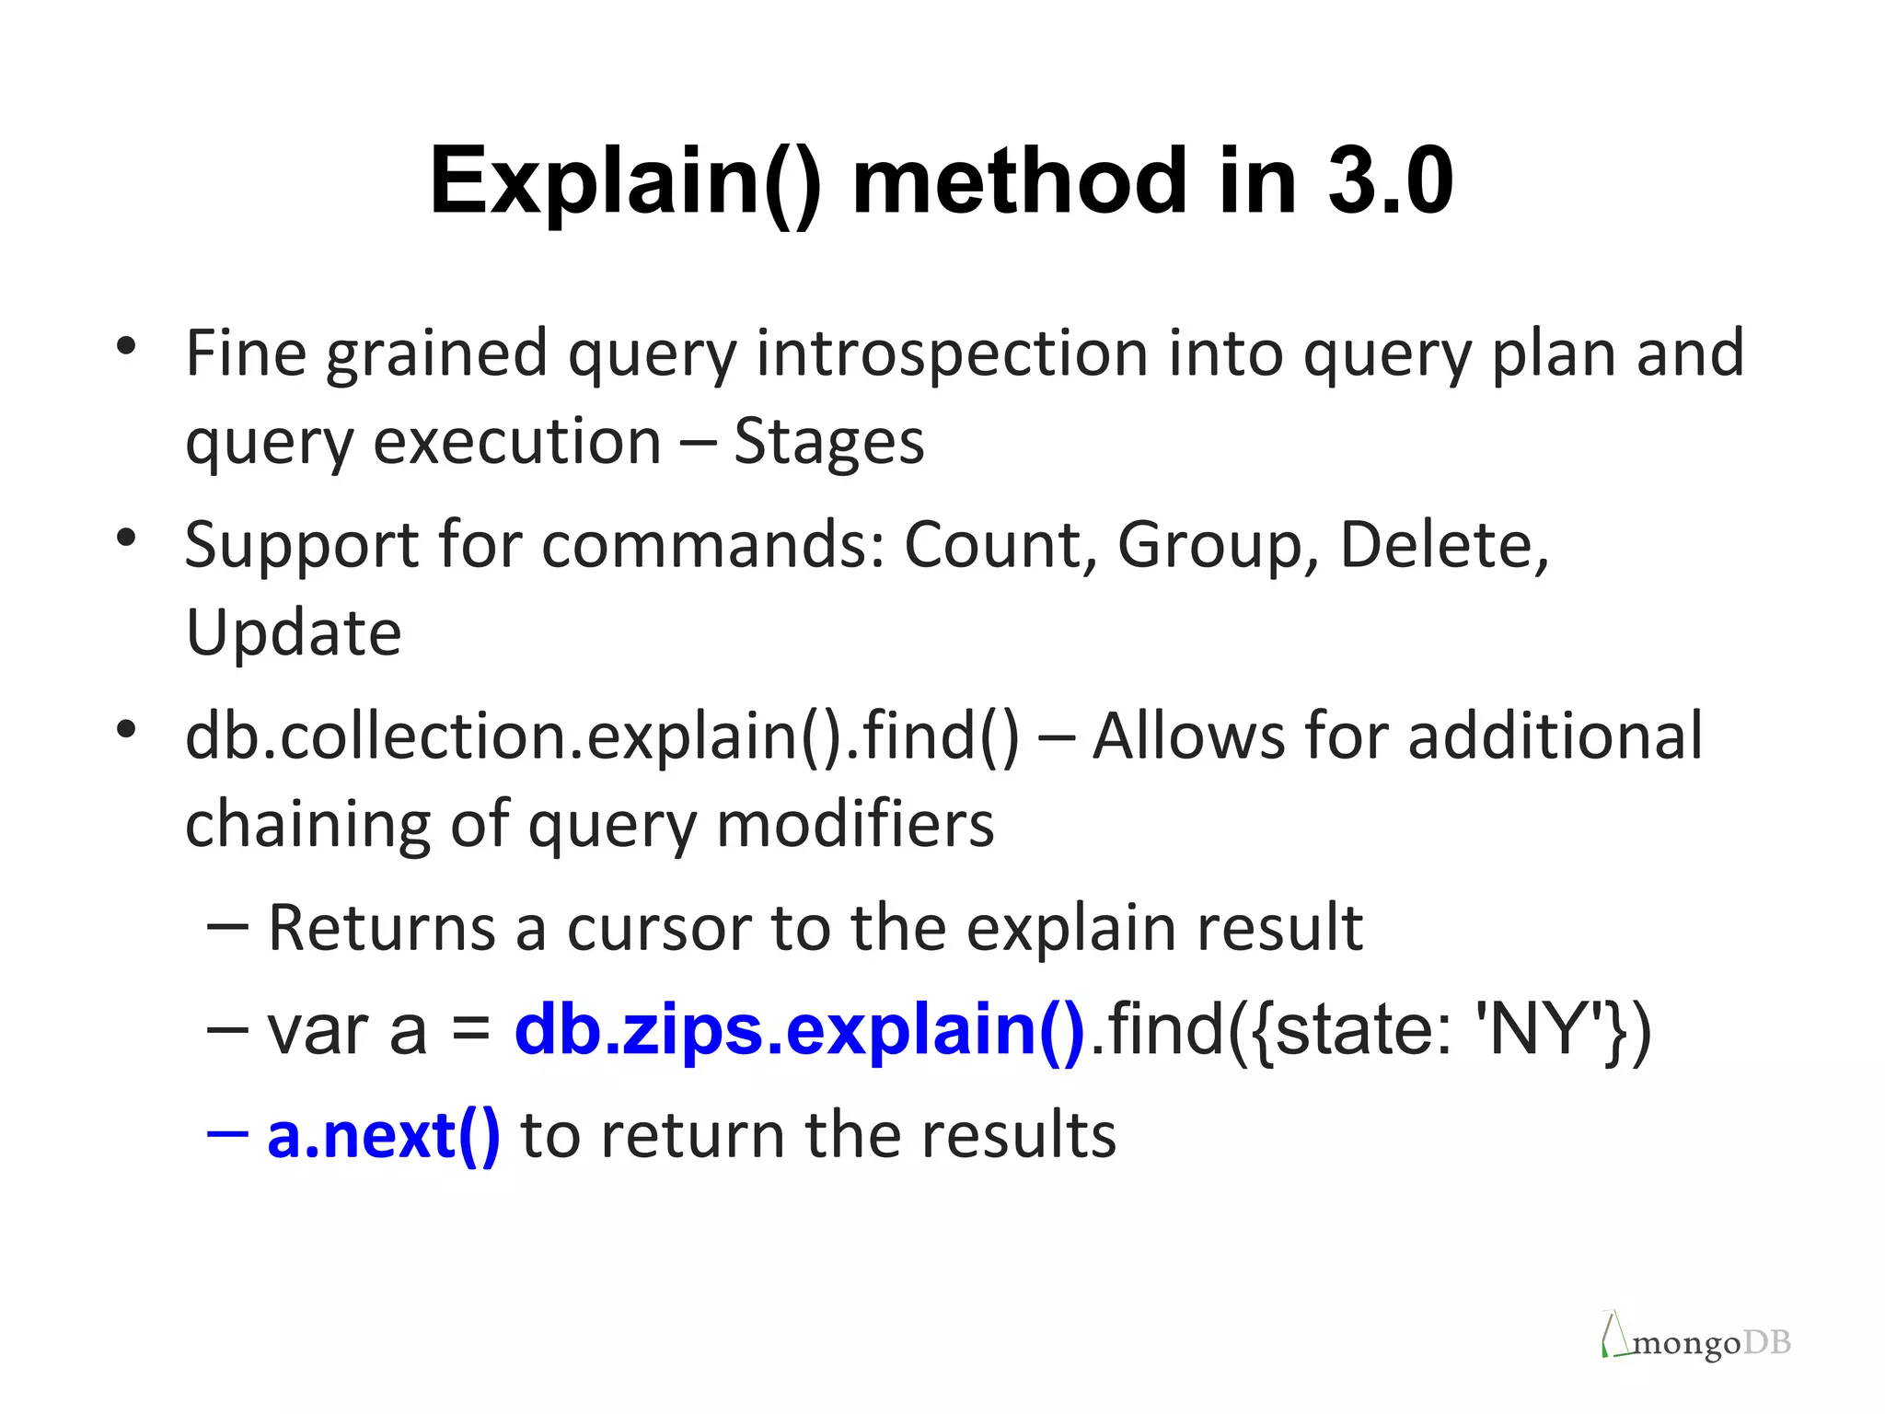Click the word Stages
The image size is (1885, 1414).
coord(828,443)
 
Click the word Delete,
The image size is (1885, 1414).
coord(1444,545)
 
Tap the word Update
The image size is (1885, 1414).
coord(294,633)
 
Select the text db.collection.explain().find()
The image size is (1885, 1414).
coord(602,736)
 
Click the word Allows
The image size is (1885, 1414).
coord(1186,736)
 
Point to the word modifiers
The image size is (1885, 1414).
coord(855,824)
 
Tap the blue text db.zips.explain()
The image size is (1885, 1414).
coord(799,1030)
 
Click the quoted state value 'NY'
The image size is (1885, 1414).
coord(1536,1030)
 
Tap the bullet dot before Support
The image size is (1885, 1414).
coord(126,537)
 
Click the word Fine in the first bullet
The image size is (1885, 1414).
coord(245,353)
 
